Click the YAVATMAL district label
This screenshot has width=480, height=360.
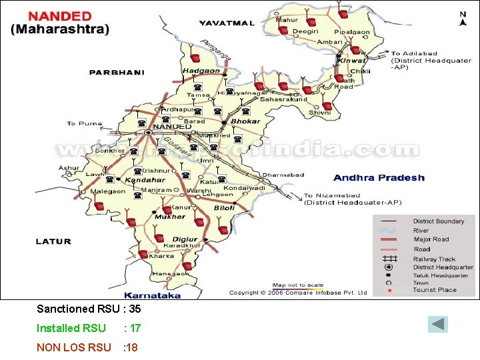(227, 23)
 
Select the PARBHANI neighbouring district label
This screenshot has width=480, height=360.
(111, 72)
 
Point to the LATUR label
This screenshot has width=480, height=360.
(54, 241)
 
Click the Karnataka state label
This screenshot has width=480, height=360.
(152, 295)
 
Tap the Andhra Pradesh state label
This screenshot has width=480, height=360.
(378, 177)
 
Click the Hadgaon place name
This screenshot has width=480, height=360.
(201, 71)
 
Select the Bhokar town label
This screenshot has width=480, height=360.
(245, 121)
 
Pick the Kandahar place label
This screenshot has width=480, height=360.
(145, 179)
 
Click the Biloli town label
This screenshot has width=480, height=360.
(224, 208)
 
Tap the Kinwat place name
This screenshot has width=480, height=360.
(352, 60)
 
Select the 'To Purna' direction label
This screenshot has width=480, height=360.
(84, 123)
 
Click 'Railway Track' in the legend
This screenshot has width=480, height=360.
(434, 259)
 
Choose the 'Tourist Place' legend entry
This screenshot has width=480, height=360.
(435, 290)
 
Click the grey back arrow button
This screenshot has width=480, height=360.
(438, 325)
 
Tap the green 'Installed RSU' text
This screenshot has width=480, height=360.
(71, 328)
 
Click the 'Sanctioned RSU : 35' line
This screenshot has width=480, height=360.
(88, 309)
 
